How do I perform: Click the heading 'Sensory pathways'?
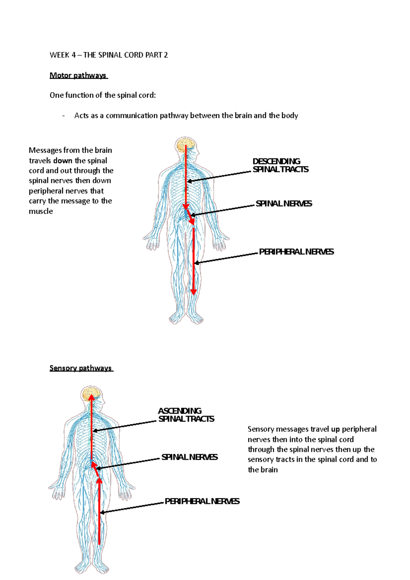click(x=81, y=368)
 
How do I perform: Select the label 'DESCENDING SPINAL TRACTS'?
click(x=280, y=165)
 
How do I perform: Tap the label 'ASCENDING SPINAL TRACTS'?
click(x=186, y=415)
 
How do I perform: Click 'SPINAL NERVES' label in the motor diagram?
click(x=284, y=204)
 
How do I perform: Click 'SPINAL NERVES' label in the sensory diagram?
click(x=189, y=457)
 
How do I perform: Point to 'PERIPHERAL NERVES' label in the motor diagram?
click(x=296, y=252)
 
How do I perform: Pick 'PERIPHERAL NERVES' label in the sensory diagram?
click(x=202, y=501)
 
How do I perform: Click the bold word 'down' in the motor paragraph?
click(x=63, y=161)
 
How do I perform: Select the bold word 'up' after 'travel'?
click(x=335, y=429)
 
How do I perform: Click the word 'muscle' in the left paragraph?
click(x=41, y=211)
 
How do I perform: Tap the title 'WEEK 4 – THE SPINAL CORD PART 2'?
click(x=109, y=55)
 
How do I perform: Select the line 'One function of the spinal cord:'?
click(x=102, y=95)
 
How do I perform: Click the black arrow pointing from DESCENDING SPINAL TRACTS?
click(x=219, y=177)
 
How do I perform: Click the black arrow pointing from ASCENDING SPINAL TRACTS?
click(x=124, y=426)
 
